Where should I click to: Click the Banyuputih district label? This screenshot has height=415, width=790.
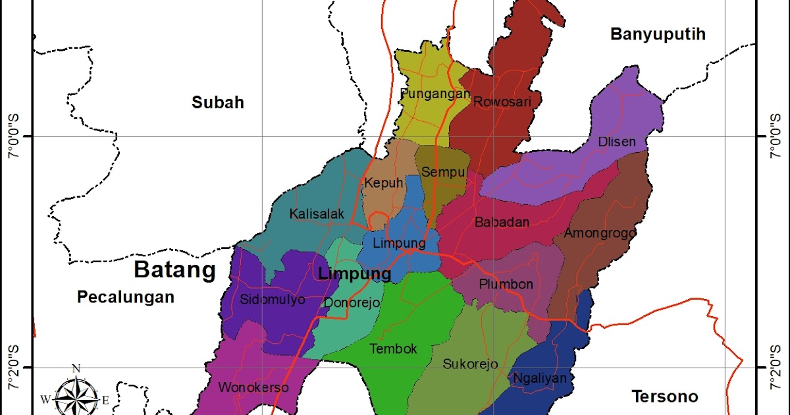point(658,34)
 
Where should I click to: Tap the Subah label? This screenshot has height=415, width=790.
point(218,102)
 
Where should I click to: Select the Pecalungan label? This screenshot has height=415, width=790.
point(126,297)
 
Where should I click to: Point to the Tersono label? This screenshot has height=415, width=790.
point(664,397)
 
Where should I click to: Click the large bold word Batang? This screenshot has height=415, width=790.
point(174,270)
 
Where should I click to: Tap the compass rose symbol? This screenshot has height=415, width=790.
point(76,397)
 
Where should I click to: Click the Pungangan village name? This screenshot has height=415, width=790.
point(435,94)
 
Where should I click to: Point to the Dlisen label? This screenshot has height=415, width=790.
point(617,142)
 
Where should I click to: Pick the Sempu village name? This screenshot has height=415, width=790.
point(444,173)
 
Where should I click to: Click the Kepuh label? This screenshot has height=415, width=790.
point(383,183)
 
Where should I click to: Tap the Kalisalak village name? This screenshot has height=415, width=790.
point(316,214)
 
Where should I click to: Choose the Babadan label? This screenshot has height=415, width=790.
point(502,223)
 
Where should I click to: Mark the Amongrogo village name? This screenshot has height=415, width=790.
point(600,233)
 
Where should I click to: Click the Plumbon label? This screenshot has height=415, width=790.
point(506,285)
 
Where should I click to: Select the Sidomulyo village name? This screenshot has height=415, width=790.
point(273,300)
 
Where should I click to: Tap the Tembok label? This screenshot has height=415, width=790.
point(393,349)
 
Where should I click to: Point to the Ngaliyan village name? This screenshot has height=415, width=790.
point(539,379)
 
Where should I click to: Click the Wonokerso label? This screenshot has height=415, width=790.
point(253,387)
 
